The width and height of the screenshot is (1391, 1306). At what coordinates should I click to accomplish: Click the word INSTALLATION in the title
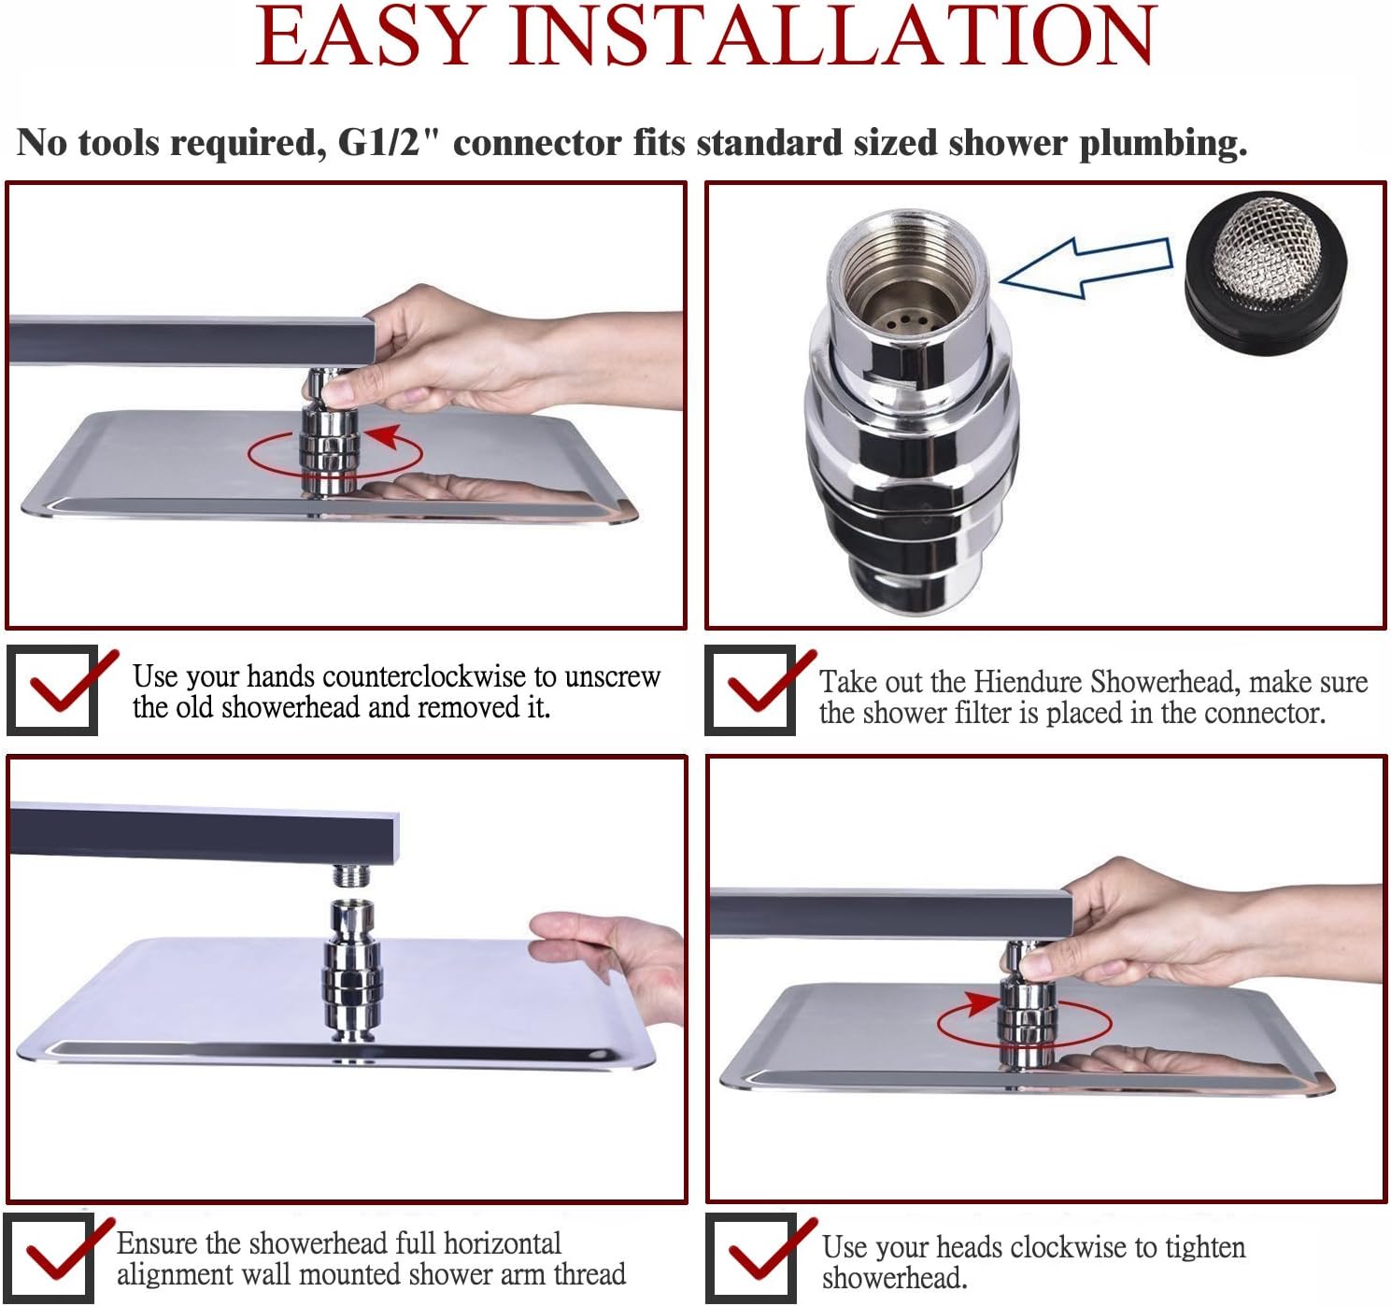pyautogui.click(x=832, y=35)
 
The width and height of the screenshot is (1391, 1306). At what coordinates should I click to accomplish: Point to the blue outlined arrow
pyautogui.click(x=1086, y=267)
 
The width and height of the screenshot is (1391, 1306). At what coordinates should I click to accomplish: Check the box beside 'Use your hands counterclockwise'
pyautogui.click(x=52, y=690)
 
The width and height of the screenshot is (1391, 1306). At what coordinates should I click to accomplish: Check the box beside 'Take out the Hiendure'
pyautogui.click(x=750, y=690)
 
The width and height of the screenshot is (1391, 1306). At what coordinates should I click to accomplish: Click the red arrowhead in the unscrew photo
pyautogui.click(x=385, y=436)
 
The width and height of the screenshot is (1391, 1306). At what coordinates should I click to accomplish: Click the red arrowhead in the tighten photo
pyautogui.click(x=981, y=1004)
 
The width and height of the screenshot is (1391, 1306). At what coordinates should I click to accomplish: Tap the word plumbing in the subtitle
pyautogui.click(x=1163, y=143)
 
